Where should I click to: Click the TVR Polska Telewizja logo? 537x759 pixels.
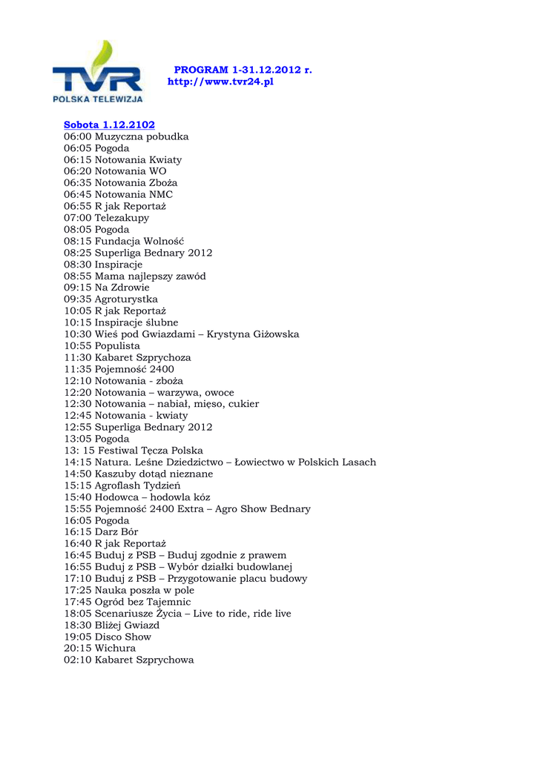96,72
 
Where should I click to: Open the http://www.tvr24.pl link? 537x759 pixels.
220,82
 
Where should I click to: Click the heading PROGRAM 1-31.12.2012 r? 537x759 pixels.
243,70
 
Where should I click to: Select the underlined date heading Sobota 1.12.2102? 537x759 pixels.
109,125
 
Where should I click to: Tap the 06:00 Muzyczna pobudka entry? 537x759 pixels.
126,136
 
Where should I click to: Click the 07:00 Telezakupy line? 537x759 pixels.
106,218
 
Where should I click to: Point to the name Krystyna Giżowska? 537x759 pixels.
253,334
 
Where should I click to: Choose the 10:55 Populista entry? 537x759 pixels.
102,346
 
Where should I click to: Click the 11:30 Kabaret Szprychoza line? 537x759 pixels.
127,357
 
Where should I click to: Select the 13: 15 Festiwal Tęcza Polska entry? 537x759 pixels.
133,451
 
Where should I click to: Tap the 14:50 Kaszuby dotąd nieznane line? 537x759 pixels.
138,474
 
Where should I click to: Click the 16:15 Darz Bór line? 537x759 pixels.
101,532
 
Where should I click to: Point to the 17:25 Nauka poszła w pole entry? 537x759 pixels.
128,590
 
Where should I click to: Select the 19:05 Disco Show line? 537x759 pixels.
108,637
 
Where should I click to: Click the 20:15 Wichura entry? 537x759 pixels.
99,649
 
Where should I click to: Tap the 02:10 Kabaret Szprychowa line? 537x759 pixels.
128,660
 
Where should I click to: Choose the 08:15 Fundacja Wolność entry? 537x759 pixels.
124,241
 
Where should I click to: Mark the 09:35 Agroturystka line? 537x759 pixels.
111,299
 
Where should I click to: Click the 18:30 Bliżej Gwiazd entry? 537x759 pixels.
111,625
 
